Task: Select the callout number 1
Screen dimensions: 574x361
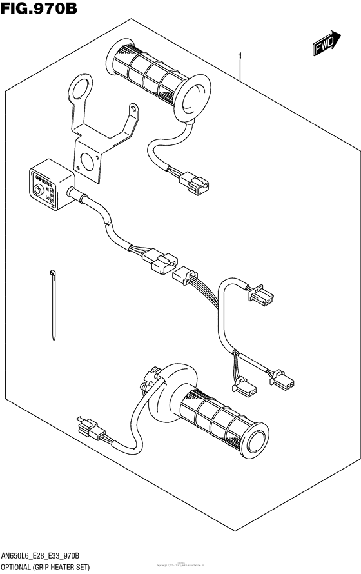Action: [240, 57]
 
